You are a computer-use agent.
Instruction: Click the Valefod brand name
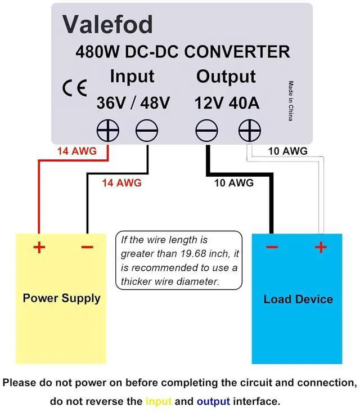tap(107, 24)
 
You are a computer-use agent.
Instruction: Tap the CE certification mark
tap(75, 88)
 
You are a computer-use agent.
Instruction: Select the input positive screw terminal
tap(107, 131)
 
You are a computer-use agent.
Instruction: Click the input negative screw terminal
tap(147, 131)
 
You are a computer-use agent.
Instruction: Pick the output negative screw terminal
tap(206, 131)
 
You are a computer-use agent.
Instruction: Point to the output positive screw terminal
tap(249, 131)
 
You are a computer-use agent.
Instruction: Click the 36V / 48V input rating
tap(133, 103)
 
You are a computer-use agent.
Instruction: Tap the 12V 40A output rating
tap(227, 103)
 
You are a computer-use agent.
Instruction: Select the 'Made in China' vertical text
tap(291, 101)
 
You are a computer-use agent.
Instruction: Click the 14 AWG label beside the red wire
tap(77, 151)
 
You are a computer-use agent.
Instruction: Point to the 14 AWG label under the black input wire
tap(121, 182)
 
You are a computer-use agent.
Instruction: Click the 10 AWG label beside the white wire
tap(288, 151)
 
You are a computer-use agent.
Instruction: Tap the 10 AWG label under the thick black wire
tap(234, 182)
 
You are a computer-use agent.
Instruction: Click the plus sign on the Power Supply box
tap(39, 247)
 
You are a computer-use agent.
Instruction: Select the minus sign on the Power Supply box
tap(87, 247)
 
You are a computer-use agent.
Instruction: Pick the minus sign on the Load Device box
tap(272, 247)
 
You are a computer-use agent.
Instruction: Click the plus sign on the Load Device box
tap(321, 247)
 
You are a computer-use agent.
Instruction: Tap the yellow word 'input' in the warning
tap(159, 401)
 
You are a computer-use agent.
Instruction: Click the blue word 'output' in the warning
tap(214, 401)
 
